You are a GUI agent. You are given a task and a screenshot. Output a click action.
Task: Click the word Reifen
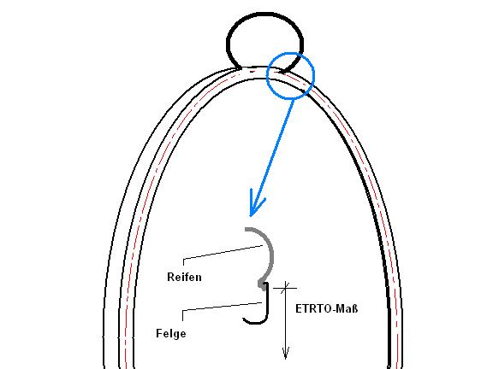[x=184, y=277]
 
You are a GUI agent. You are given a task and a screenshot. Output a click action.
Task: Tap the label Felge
[x=171, y=333]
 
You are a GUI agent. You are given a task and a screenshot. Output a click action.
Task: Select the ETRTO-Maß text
[x=327, y=308]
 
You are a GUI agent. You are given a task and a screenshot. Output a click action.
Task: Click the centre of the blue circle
[x=290, y=76]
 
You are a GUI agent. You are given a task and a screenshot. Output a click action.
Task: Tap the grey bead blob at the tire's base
[x=262, y=284]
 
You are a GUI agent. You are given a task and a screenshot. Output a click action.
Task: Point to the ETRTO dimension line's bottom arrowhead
[x=286, y=353]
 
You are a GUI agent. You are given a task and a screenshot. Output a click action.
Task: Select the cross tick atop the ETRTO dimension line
[x=285, y=287]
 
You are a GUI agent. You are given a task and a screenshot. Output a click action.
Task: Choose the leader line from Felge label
[x=222, y=307]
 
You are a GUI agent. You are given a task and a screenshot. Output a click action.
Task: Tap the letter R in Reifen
[x=170, y=277]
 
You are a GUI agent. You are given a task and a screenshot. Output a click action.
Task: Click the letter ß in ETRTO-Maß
[x=354, y=308]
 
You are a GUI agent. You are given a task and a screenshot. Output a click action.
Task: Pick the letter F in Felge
[x=159, y=333]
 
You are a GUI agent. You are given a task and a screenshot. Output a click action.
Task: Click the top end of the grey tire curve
[x=246, y=229]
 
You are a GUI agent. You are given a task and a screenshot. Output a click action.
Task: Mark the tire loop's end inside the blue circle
[x=282, y=72]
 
